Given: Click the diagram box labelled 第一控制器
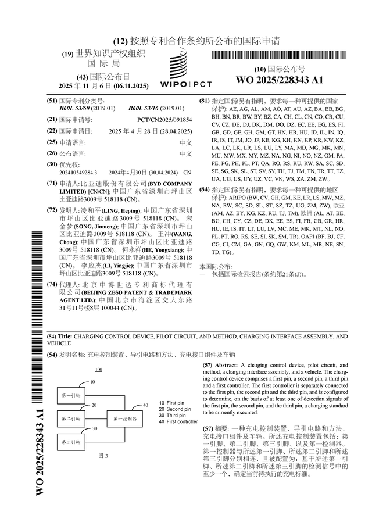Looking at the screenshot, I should [125, 418].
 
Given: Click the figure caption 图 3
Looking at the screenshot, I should [104, 456].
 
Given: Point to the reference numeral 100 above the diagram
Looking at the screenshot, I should [98, 370].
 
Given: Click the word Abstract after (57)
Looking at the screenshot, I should [227, 365].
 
